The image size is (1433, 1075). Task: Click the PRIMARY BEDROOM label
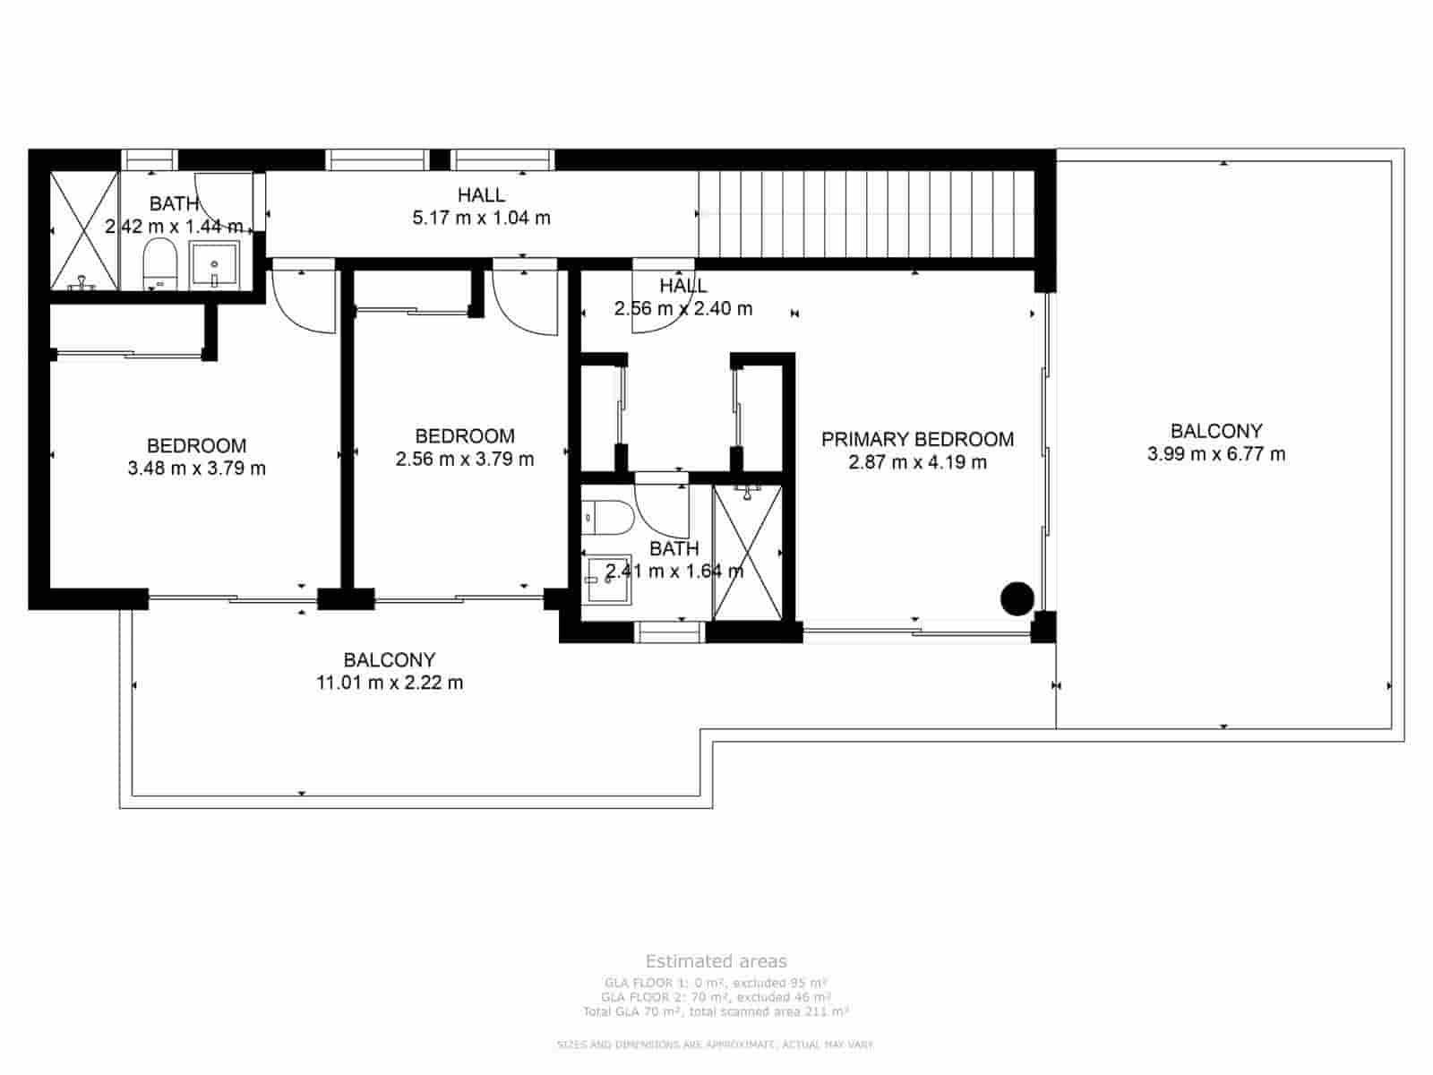pyautogui.click(x=917, y=439)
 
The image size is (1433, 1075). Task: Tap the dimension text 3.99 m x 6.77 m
pyautogui.click(x=1215, y=454)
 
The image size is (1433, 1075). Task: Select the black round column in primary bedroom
pyautogui.click(x=1017, y=598)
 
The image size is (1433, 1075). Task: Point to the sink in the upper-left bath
pyautogui.click(x=215, y=264)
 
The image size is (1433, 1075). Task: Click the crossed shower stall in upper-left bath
pyautogui.click(x=83, y=230)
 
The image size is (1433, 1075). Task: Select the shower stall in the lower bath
pyautogui.click(x=747, y=551)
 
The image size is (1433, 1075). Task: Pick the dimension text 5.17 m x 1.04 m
pyautogui.click(x=481, y=218)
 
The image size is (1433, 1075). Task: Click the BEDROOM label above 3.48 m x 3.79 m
pyautogui.click(x=196, y=445)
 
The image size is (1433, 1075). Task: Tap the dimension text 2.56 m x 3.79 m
pyautogui.click(x=465, y=460)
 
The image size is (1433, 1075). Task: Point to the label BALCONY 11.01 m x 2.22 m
pyautogui.click(x=390, y=671)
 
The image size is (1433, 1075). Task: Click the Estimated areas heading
pyautogui.click(x=716, y=961)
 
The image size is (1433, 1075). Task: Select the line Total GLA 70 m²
pyautogui.click(x=716, y=1011)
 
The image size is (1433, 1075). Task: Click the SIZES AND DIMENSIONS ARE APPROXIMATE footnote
pyautogui.click(x=716, y=1045)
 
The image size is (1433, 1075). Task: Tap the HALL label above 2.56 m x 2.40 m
pyautogui.click(x=682, y=286)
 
